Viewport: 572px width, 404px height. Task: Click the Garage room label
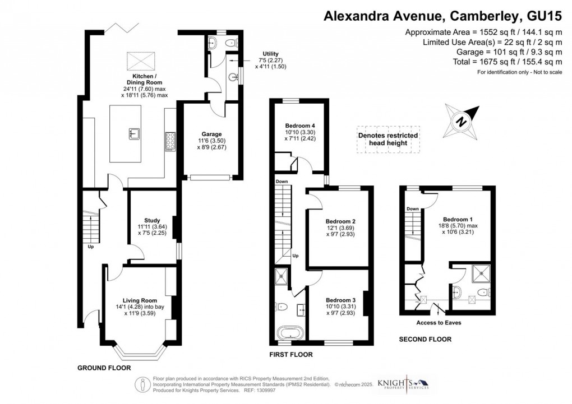click(x=211, y=134)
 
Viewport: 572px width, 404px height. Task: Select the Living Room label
click(x=137, y=300)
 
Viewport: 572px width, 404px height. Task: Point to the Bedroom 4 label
click(x=301, y=125)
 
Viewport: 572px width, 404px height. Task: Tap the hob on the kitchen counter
click(x=170, y=142)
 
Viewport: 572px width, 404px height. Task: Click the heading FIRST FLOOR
click(x=290, y=355)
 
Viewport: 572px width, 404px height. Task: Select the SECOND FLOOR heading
click(x=425, y=339)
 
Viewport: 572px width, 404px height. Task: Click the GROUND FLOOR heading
click(x=104, y=368)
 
